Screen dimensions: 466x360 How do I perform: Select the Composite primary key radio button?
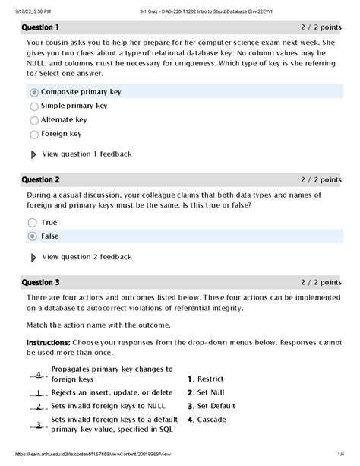pyautogui.click(x=34, y=92)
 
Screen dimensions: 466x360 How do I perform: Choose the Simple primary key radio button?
pyautogui.click(x=34, y=106)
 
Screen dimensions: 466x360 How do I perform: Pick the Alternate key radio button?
pyautogui.click(x=34, y=120)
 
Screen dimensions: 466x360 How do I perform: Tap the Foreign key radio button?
pyautogui.click(x=34, y=135)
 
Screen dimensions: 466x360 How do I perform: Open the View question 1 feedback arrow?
pyautogui.click(x=33, y=154)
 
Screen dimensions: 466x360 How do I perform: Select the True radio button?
pyautogui.click(x=32, y=222)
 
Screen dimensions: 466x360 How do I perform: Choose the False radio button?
pyautogui.click(x=32, y=236)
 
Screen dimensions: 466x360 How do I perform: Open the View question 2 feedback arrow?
pyautogui.click(x=33, y=258)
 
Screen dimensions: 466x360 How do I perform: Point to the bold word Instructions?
pyautogui.click(x=49, y=343)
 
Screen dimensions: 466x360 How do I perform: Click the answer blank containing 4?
pyautogui.click(x=38, y=375)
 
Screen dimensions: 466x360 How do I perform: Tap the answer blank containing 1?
pyautogui.click(x=38, y=393)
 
